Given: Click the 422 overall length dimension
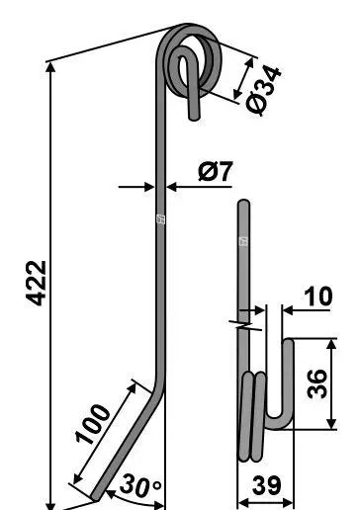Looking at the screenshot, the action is tap(37, 284).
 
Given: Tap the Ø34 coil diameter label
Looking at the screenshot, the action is tap(264, 90).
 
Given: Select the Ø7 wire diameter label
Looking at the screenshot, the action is tap(216, 171).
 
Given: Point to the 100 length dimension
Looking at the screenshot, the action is tap(93, 424).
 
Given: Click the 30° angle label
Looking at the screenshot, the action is tap(140, 486).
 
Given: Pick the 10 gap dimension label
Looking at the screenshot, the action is tap(317, 296).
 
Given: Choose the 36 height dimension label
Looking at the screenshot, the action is tap(317, 384).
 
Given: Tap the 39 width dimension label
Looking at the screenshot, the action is tap(267, 485).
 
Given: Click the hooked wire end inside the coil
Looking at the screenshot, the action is tap(190, 83).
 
